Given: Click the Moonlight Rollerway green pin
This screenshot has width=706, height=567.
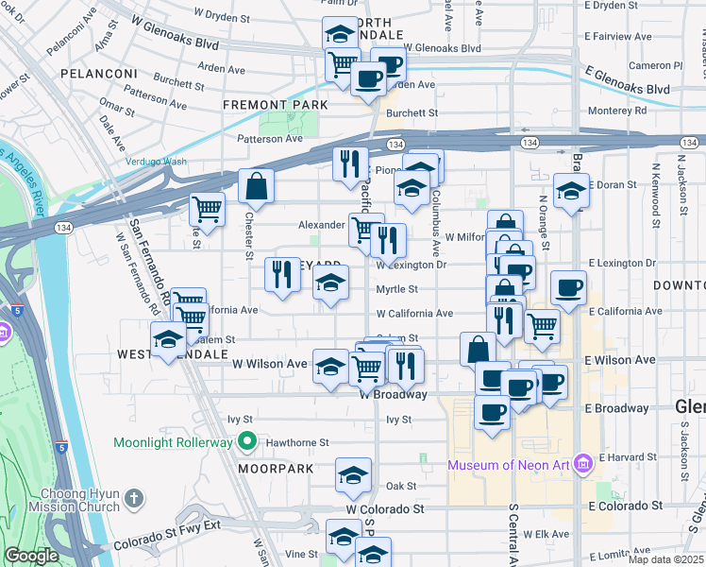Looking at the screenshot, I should tap(247, 441).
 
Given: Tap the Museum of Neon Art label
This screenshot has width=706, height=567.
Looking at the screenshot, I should tap(510, 463).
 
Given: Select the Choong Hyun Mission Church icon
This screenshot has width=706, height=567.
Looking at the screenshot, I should tap(134, 497).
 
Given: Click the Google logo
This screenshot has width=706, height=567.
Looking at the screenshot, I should tap(31, 556).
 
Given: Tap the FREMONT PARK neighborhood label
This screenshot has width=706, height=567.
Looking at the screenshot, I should tap(276, 104).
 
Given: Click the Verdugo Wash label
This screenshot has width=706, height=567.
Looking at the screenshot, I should tap(157, 162).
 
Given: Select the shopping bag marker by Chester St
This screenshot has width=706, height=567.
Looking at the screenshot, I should tap(256, 187).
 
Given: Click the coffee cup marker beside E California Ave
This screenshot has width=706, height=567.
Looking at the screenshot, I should tap(567, 287).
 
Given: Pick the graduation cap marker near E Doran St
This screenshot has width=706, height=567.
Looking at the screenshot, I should tap(572, 191).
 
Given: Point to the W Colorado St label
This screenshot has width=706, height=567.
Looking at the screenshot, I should tap(384, 508).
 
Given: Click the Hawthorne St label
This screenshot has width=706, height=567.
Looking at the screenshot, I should tap(296, 441).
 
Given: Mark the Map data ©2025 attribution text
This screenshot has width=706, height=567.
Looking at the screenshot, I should tap(666, 559).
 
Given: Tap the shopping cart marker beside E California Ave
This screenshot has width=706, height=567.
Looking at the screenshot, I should tap(542, 324).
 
